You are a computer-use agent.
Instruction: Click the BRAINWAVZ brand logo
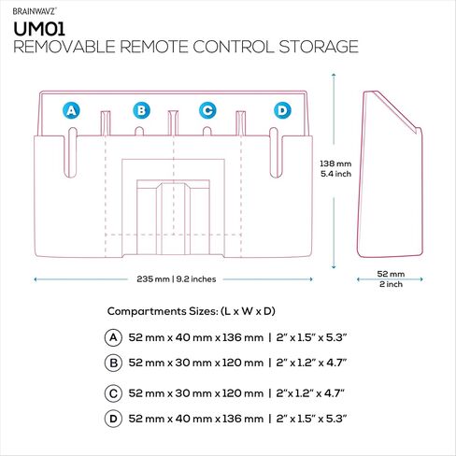click(x=35, y=11)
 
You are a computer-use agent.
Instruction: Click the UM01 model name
click(x=39, y=29)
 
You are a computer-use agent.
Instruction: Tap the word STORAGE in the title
click(x=319, y=47)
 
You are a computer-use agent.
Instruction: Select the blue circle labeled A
click(x=71, y=110)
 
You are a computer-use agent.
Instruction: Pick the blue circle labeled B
click(x=141, y=110)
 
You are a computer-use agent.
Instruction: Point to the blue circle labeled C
click(x=207, y=110)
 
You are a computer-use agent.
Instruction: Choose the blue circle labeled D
click(x=282, y=110)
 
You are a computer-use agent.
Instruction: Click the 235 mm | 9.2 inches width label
click(x=177, y=279)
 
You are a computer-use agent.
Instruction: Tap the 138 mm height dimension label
click(x=335, y=164)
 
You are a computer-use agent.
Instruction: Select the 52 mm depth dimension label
click(x=391, y=274)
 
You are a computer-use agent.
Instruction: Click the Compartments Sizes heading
click(x=192, y=311)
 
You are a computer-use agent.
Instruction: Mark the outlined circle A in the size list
click(x=113, y=337)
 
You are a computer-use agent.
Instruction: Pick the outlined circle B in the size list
click(x=113, y=363)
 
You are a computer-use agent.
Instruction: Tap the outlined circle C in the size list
click(x=113, y=393)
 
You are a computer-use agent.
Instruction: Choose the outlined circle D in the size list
click(x=113, y=419)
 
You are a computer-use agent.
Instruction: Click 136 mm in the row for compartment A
click(x=243, y=337)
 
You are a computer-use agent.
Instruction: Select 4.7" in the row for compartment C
click(x=335, y=393)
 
